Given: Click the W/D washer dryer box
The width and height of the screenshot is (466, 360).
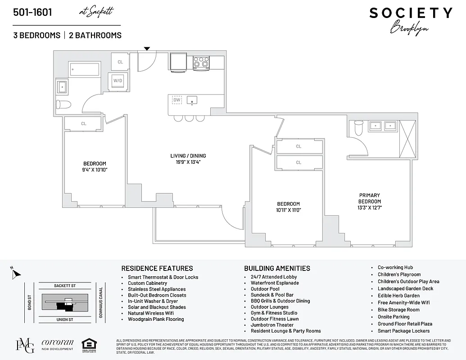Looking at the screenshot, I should (x=118, y=81).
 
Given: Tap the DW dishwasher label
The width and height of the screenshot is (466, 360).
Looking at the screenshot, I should (x=177, y=99).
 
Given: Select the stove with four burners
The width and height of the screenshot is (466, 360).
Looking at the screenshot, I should (x=201, y=63).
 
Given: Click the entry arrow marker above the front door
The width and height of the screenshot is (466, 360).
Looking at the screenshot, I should (x=147, y=49).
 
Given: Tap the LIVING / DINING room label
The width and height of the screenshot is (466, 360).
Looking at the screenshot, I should (x=188, y=156).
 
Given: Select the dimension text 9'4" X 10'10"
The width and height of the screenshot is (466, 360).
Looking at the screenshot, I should (x=95, y=170).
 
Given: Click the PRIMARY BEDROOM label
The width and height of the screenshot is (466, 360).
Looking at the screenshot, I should (x=369, y=198).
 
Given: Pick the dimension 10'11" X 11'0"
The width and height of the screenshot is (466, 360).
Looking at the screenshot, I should (x=288, y=210).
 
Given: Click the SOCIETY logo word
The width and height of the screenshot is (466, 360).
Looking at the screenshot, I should (x=411, y=13).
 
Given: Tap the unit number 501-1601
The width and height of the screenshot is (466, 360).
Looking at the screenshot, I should (x=32, y=12).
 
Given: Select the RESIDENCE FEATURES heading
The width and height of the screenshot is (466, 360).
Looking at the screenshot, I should (x=157, y=268).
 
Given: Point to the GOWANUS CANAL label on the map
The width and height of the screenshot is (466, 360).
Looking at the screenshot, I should (x=101, y=303).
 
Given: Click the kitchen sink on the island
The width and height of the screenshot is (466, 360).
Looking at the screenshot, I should (x=193, y=100).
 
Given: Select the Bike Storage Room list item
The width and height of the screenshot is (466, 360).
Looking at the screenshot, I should (x=398, y=310).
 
